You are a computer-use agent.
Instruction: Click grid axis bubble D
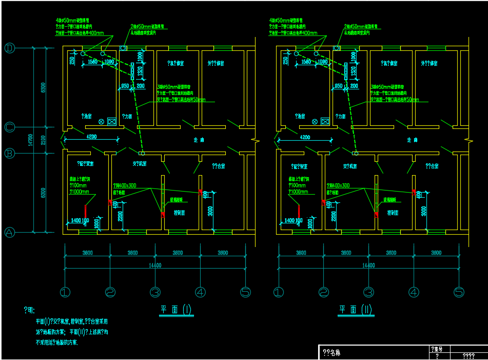[10, 48]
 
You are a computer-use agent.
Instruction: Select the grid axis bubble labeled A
[10, 232]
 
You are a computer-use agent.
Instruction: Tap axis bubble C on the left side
[10, 127]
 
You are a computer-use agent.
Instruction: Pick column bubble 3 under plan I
[155, 292]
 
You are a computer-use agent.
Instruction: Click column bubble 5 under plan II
[459, 292]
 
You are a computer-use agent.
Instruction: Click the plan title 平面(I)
[175, 310]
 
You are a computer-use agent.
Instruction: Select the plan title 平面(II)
[355, 310]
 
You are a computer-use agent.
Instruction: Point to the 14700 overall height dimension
[30, 140]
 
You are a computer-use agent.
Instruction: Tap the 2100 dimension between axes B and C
[44, 140]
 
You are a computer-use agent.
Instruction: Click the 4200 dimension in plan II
[305, 137]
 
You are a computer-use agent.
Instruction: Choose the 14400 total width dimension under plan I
[154, 266]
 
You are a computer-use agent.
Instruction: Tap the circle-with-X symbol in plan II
[315, 121]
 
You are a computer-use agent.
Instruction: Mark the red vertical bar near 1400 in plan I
[86, 211]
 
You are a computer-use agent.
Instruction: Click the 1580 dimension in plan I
[93, 62]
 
